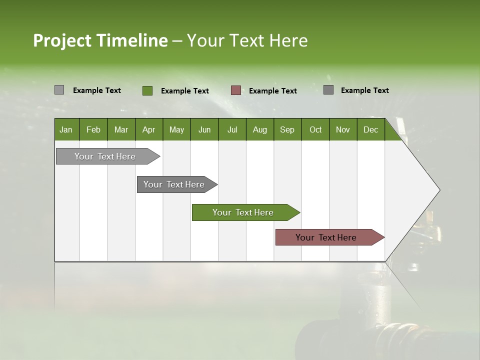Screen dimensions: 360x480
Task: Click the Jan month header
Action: [x=66, y=129]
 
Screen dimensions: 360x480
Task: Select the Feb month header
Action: [x=93, y=129]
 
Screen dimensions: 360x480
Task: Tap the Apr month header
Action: [x=149, y=129]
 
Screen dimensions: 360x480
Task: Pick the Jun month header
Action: [x=204, y=129]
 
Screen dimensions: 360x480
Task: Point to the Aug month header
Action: [x=260, y=129]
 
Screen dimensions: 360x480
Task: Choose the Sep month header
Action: [x=287, y=129]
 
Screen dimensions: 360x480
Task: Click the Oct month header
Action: [x=315, y=129]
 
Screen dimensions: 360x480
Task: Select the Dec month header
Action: [x=371, y=129]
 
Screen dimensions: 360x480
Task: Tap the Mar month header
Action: [x=121, y=129]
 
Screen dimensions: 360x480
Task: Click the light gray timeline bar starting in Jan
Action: [x=105, y=156]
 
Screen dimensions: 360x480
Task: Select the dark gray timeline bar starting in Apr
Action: [x=174, y=184]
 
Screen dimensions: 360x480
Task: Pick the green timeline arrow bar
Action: [x=243, y=212]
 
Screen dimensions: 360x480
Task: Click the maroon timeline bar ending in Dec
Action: [x=326, y=237]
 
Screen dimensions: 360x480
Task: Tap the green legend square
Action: [x=147, y=90]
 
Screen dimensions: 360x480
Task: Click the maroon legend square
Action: [x=236, y=90]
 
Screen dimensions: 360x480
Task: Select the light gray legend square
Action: [x=59, y=90]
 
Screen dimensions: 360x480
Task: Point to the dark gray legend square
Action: [x=328, y=90]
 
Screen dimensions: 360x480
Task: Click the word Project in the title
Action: [x=63, y=40]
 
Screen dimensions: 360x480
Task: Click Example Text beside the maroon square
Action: [x=273, y=91]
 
